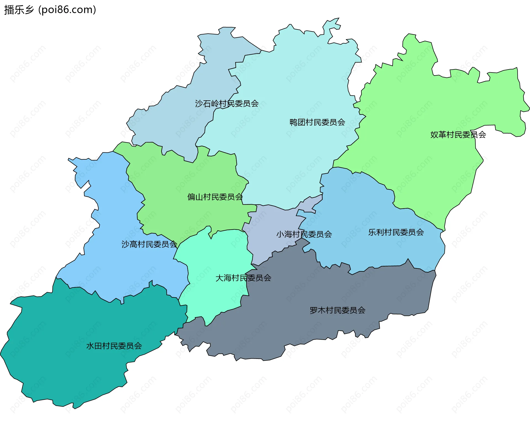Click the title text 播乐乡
[x=19, y=10]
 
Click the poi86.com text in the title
[x=67, y=10]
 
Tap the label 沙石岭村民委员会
[x=227, y=104]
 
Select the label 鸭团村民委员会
[x=317, y=122]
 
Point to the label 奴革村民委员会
[x=458, y=135]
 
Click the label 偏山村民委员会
[x=215, y=197]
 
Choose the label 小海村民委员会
[x=304, y=234]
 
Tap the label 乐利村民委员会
[x=396, y=232]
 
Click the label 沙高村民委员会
[x=149, y=244]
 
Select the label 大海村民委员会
[x=243, y=278]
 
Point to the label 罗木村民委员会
[x=337, y=310]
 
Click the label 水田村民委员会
[x=114, y=346]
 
